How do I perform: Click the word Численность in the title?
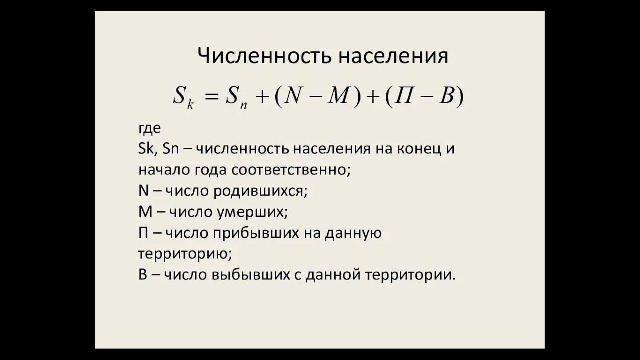(264, 56)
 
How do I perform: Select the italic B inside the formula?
(446, 95)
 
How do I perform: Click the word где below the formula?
(150, 128)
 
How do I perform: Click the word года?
(209, 169)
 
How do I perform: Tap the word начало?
(163, 169)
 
